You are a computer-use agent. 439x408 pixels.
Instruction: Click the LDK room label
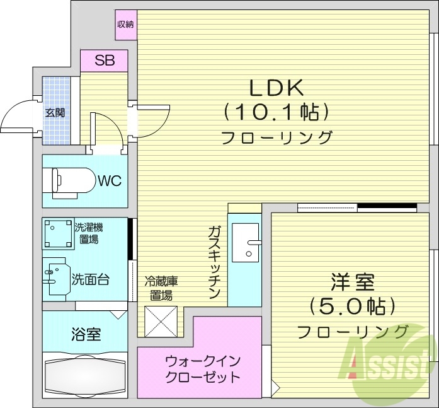277,86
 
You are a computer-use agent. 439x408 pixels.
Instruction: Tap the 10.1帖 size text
277,113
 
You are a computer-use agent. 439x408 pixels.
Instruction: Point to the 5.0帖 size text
352,306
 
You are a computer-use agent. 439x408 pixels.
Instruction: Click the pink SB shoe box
104,61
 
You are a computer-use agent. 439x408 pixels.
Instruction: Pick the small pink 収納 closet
125,25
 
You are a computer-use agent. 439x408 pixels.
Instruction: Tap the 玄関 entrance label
55,113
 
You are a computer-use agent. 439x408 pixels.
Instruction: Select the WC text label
108,181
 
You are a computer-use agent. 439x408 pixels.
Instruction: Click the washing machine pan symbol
58,233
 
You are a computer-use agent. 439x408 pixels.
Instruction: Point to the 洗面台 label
90,278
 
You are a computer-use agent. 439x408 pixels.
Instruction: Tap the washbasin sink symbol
54,275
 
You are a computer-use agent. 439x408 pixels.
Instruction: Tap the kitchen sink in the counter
246,242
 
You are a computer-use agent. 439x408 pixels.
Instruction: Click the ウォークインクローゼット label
202,370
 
